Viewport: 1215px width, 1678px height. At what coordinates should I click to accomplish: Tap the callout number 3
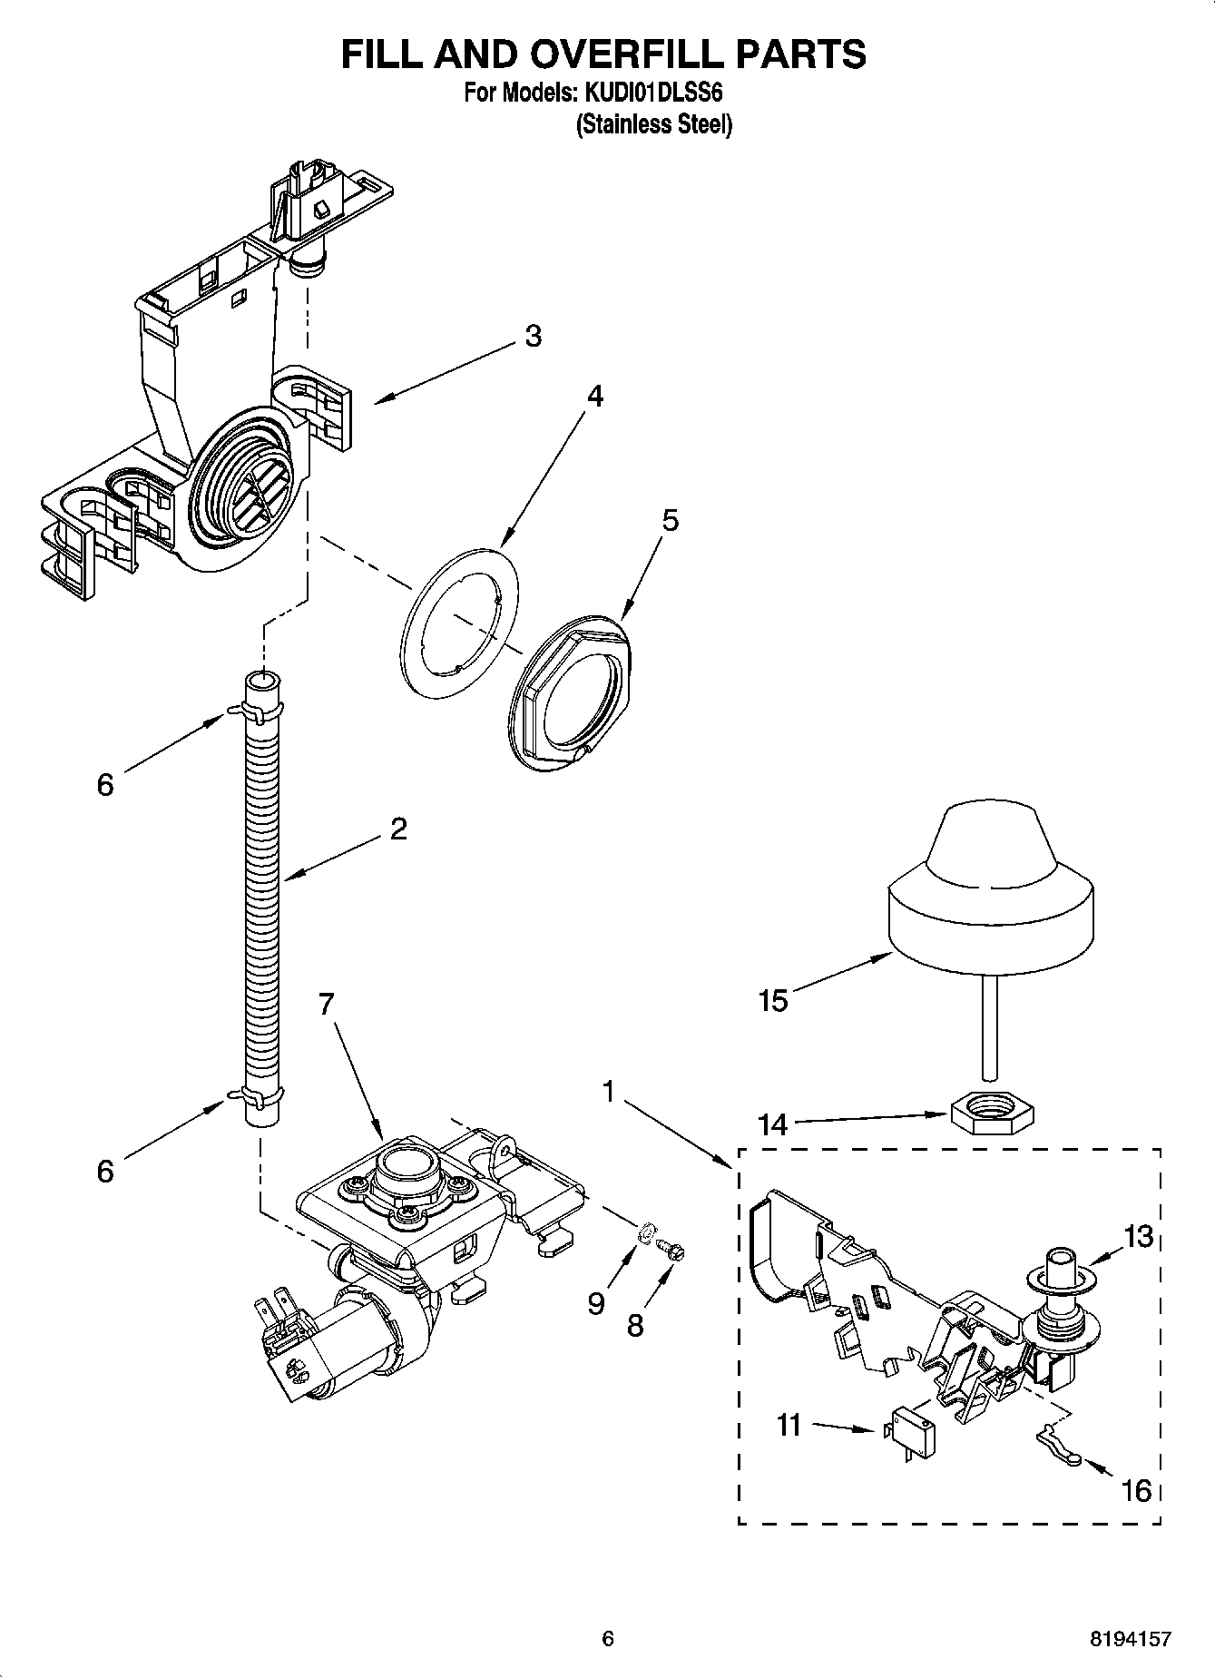coord(533,336)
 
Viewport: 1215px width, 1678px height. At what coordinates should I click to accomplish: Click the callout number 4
coord(594,396)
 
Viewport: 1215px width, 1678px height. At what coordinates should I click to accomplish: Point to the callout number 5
coord(670,521)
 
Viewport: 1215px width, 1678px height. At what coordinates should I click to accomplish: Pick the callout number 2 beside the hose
coord(398,829)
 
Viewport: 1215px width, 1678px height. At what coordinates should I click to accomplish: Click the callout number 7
coord(327,1004)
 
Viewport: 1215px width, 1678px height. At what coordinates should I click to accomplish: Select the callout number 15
coord(773,1002)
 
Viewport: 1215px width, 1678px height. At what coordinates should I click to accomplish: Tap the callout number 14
coord(773,1125)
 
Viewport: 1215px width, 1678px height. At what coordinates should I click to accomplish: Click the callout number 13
coord(1137,1236)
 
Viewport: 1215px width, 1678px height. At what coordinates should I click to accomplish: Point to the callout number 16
coord(1136,1490)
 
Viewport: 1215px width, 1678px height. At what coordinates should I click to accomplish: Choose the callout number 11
coord(789,1425)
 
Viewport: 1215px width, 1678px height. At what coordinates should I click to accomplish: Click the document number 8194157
coord(1130,1639)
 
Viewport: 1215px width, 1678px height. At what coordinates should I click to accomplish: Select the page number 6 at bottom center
coord(608,1638)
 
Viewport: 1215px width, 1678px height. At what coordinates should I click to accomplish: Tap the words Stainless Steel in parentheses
coord(653,124)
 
